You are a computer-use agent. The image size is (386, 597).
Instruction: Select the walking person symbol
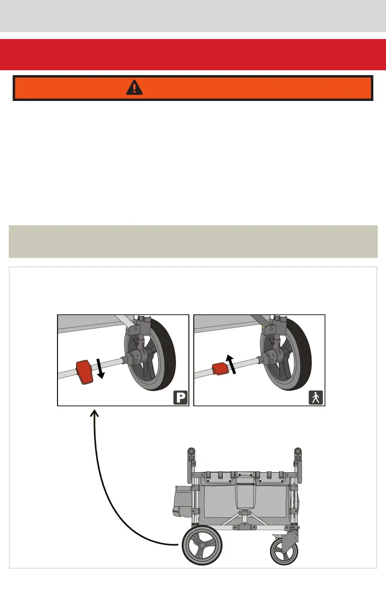pos(316,398)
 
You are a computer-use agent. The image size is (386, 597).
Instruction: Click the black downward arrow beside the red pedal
pos(101,367)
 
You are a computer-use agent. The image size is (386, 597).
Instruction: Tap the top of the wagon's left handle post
pos(191,451)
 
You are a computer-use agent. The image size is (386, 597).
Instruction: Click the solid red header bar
pos(193,55)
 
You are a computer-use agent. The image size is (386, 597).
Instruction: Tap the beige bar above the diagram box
pos(193,241)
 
